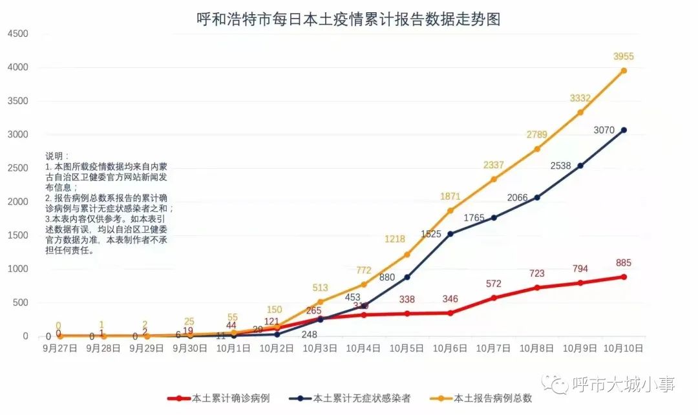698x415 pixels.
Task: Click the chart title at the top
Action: (349, 19)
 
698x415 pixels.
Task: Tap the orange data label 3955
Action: (624, 57)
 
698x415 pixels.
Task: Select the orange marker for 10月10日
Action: (624, 70)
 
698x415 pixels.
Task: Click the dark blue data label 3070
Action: (605, 131)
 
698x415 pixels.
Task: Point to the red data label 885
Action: (624, 263)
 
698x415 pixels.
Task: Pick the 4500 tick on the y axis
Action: (17, 34)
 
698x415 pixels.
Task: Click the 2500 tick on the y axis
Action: (17, 168)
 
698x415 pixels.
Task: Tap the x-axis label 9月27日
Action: (60, 348)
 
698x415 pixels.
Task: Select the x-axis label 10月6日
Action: (450, 348)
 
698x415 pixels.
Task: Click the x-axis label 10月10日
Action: (624, 348)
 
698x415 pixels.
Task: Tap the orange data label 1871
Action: (450, 197)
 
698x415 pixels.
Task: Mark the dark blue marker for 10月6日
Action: (450, 233)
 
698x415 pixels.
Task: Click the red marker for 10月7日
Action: (494, 298)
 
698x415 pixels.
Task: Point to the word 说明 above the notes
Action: (56, 156)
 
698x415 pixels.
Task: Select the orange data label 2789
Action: (537, 135)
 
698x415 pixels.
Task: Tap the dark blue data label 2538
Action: (561, 166)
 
